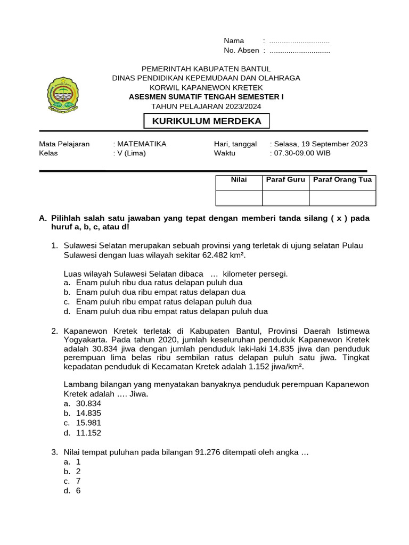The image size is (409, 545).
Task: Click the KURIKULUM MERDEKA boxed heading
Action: point(207,121)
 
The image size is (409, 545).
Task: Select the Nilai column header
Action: point(239,180)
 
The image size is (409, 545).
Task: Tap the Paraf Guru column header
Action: point(285,180)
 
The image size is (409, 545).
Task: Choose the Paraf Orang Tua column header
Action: point(342,180)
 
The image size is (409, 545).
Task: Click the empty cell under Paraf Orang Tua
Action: point(342,198)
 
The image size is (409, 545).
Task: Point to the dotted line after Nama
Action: point(299,41)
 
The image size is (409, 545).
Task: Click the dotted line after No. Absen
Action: point(300,51)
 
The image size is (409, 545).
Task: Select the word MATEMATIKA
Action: point(142,144)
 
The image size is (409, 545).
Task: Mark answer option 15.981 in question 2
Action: point(88,423)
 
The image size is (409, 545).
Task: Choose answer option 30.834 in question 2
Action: point(88,403)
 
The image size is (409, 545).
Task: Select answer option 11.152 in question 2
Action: point(88,433)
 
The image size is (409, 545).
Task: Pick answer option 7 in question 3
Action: point(78,481)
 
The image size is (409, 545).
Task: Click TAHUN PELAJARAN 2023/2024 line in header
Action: point(206,106)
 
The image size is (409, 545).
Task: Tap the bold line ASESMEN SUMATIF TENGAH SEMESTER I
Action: point(206,97)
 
